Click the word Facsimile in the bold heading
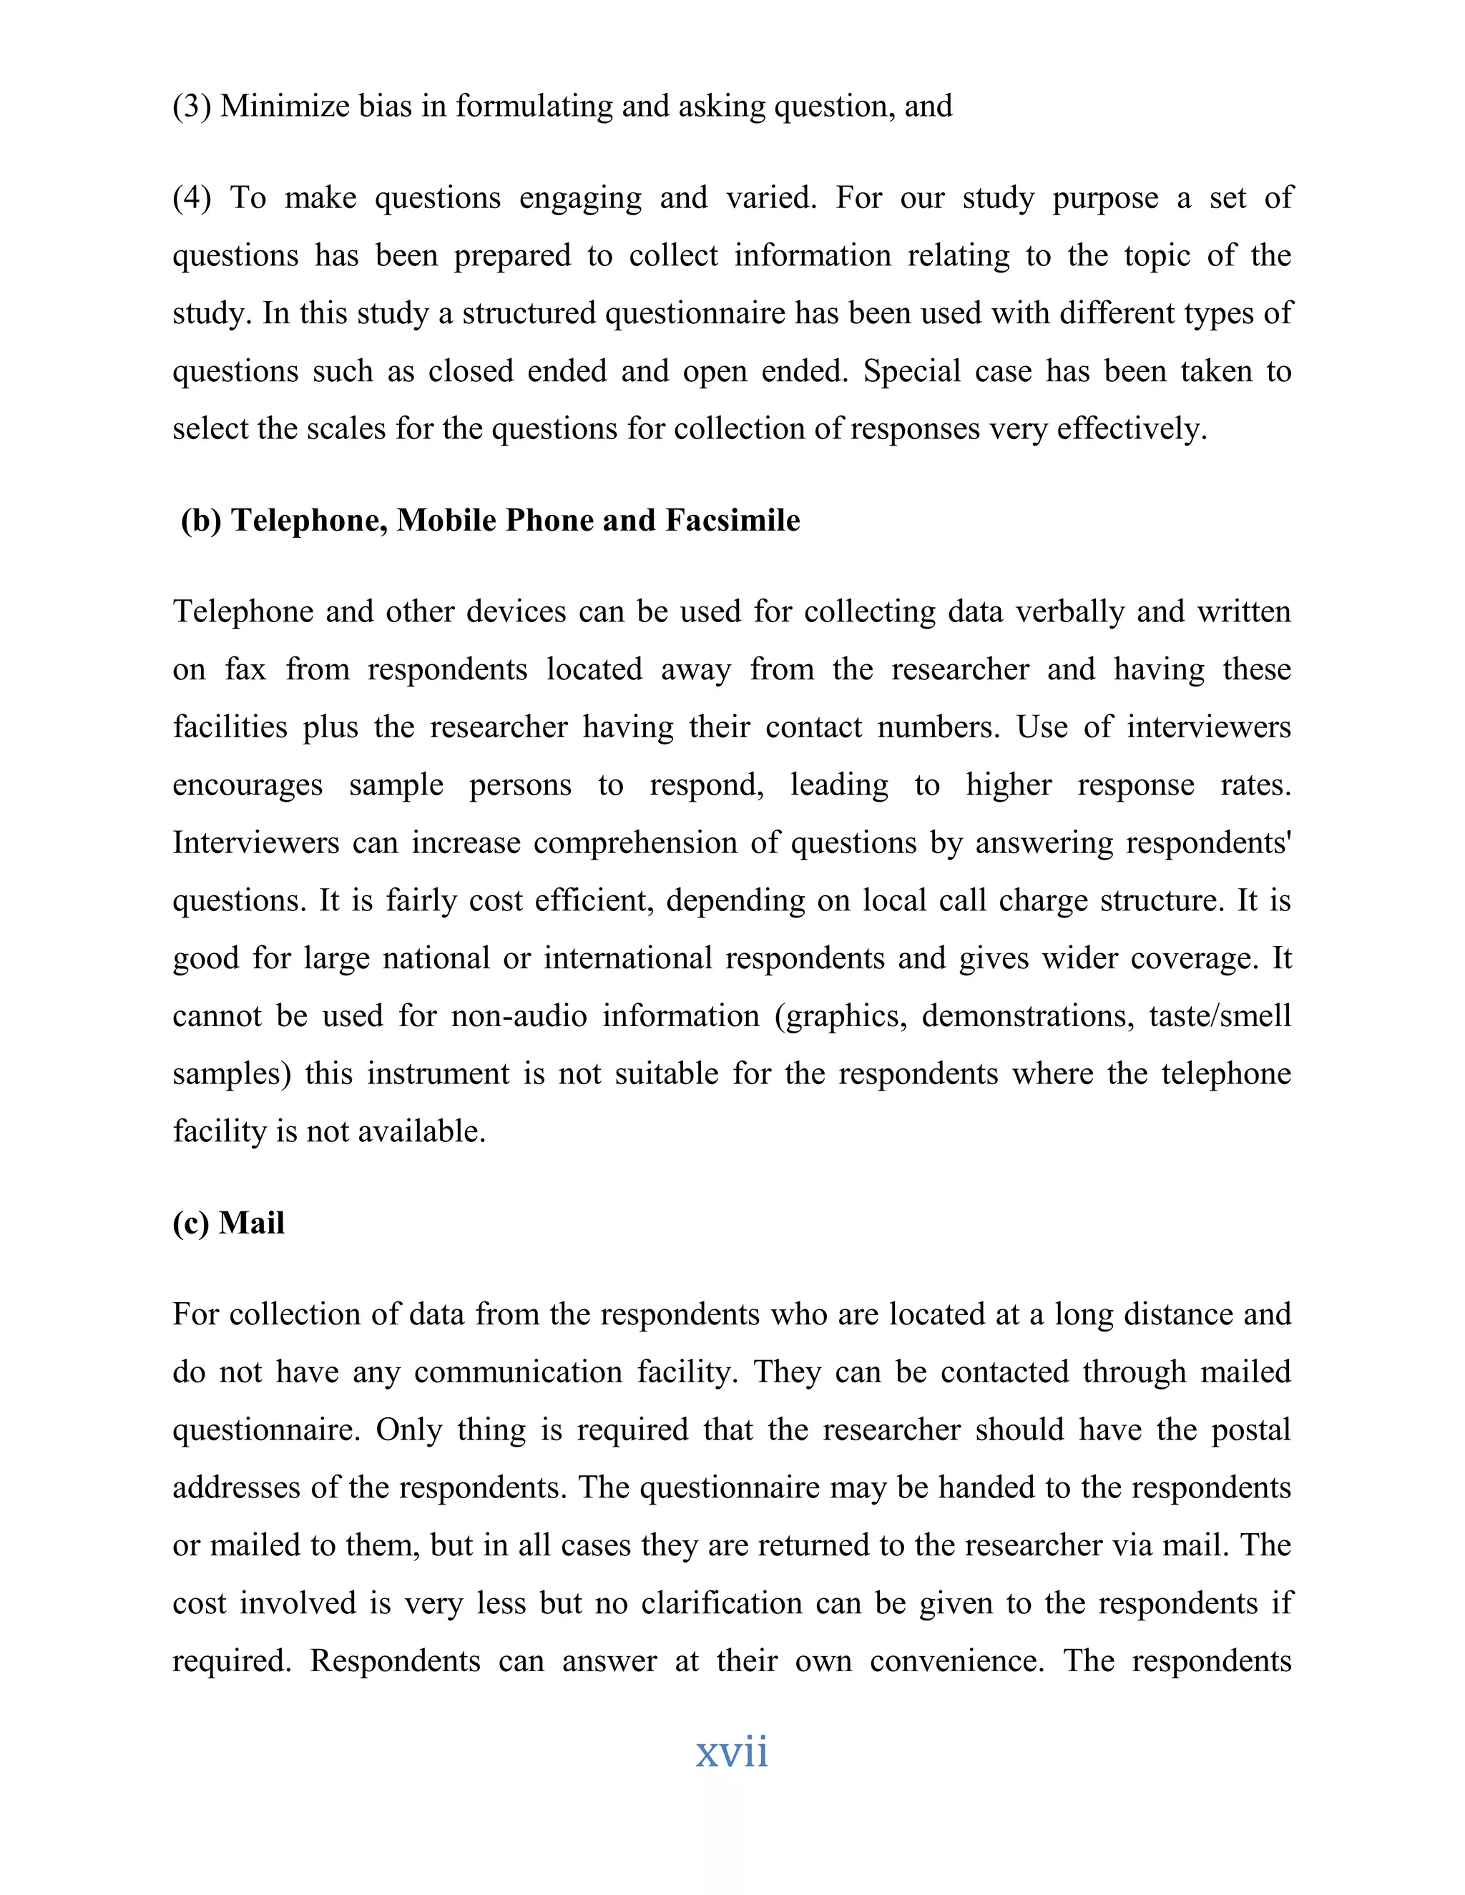[732, 521]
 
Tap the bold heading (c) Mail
[228, 1223]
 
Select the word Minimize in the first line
[273, 106]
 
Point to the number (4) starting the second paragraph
[192, 198]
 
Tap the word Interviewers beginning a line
[255, 842]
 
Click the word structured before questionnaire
[529, 313]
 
